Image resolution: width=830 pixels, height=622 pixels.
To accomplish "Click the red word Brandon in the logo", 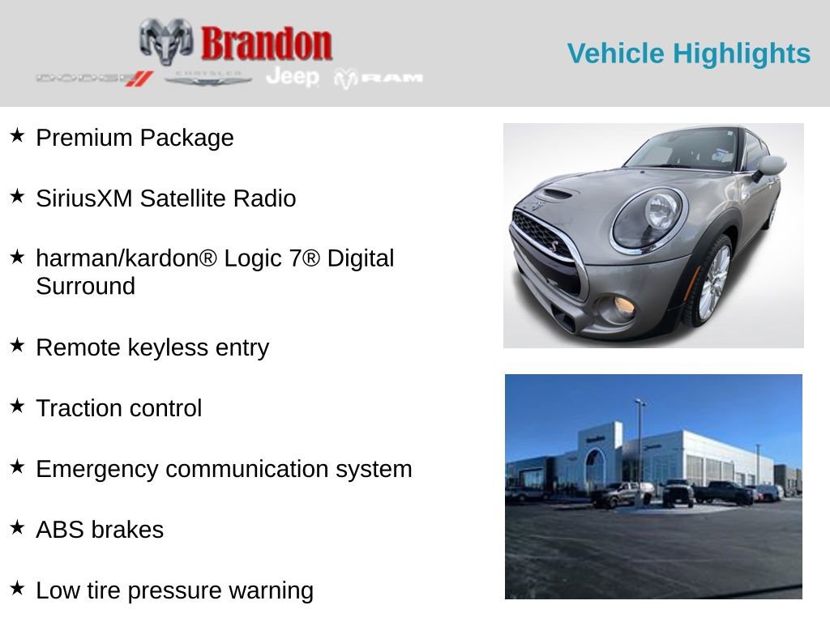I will coord(266,44).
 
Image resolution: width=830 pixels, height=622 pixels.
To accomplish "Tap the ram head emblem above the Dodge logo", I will coord(166,40).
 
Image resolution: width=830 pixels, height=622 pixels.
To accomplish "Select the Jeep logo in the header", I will coord(293,76).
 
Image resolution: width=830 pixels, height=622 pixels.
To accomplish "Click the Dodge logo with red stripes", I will coord(94,78).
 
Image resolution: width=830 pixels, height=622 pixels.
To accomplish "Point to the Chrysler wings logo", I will coord(208,78).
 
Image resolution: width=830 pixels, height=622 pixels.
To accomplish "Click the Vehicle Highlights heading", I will coord(688,53).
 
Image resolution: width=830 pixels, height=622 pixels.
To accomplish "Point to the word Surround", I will coord(85,286).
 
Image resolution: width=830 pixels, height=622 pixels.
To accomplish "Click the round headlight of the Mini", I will coord(648,216).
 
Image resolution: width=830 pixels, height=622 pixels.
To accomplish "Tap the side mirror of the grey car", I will coord(771,166).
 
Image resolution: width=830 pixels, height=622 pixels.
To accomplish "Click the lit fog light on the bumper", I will coord(623,305).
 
